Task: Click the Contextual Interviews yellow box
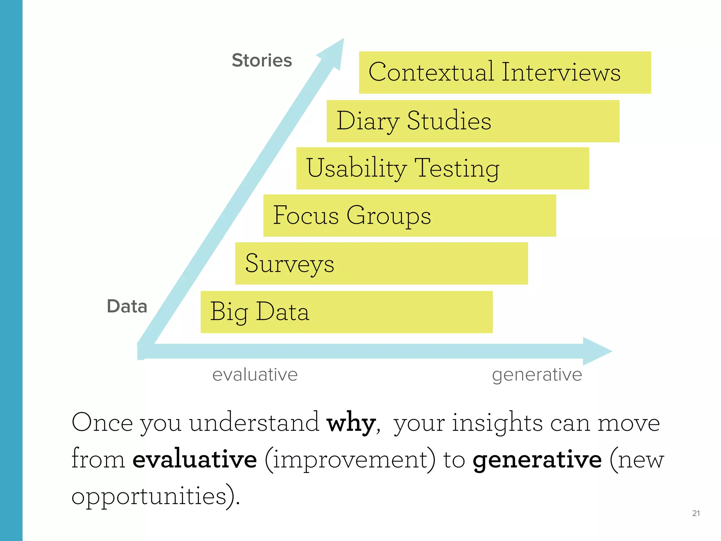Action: (x=505, y=73)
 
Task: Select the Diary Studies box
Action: (x=473, y=121)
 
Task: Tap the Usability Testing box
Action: (x=443, y=168)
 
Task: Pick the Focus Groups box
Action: (x=409, y=216)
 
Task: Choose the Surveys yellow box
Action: (x=381, y=263)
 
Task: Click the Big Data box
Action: (x=346, y=312)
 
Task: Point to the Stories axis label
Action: (x=262, y=60)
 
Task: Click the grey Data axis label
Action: (x=127, y=306)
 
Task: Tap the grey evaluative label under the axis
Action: (x=255, y=374)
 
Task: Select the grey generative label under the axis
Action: (x=537, y=375)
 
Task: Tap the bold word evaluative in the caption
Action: (x=195, y=459)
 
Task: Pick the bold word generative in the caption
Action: (x=537, y=460)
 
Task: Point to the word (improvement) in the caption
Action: (x=350, y=459)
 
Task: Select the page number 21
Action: (x=696, y=513)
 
